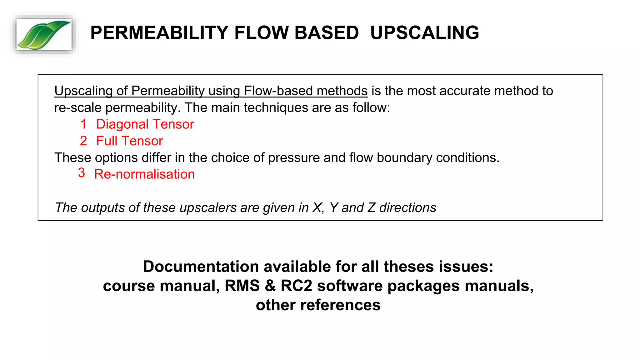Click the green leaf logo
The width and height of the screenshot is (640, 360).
[44, 35]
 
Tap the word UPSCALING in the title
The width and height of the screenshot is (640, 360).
[424, 33]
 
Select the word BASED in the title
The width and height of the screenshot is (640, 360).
[327, 33]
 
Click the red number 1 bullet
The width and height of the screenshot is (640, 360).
[83, 124]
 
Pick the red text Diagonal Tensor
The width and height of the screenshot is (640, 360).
[145, 124]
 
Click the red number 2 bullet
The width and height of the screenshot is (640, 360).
[83, 141]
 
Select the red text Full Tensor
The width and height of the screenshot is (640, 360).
[129, 141]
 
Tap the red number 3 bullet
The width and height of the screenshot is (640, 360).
[82, 173]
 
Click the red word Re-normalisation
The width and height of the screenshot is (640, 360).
[144, 174]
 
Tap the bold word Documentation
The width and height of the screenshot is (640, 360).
[201, 267]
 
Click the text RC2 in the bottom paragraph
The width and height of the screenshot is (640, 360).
[296, 286]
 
